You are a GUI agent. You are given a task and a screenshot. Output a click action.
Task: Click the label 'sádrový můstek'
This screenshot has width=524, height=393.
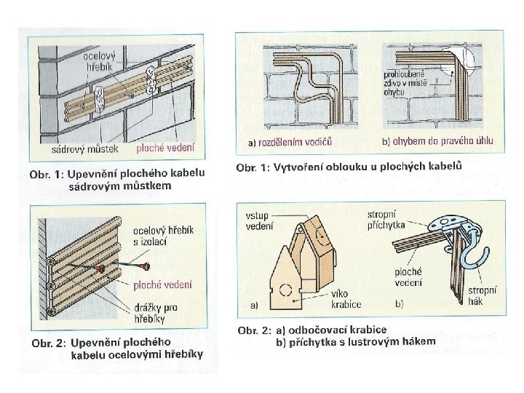coord(79,151)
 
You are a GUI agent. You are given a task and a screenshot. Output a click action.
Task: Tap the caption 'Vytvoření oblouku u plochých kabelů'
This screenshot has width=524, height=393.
coord(350,169)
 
